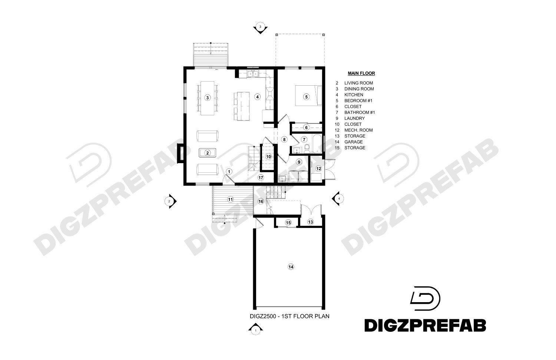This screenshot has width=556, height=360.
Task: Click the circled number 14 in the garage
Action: (x=291, y=267)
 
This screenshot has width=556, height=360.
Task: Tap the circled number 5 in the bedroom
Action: (x=306, y=96)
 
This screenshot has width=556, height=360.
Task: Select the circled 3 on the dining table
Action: (x=208, y=98)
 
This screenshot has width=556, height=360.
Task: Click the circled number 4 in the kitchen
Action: (x=257, y=96)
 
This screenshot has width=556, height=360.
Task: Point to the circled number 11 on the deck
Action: (x=230, y=199)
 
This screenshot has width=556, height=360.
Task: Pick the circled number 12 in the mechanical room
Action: (x=318, y=169)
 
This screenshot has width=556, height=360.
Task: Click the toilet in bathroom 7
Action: (x=307, y=148)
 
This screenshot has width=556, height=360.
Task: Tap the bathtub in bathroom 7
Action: (x=317, y=144)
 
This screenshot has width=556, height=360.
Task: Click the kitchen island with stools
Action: (x=242, y=106)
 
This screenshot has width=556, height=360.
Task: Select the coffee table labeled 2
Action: (x=208, y=153)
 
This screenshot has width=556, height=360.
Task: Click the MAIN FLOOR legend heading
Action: (x=361, y=73)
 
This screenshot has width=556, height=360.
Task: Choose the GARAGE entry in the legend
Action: (x=354, y=142)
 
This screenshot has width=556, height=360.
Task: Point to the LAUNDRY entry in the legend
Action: (x=354, y=118)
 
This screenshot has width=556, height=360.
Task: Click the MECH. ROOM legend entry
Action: (x=358, y=130)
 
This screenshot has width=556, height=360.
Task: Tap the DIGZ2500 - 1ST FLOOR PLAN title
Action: (x=289, y=316)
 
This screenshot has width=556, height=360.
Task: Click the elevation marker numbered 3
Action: (x=260, y=28)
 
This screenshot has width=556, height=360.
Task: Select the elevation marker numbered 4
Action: (x=338, y=198)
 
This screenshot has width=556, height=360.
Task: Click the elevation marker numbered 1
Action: (x=255, y=330)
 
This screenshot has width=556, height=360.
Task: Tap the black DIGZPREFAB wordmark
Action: (x=425, y=326)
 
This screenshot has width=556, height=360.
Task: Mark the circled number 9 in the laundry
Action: (x=299, y=162)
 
